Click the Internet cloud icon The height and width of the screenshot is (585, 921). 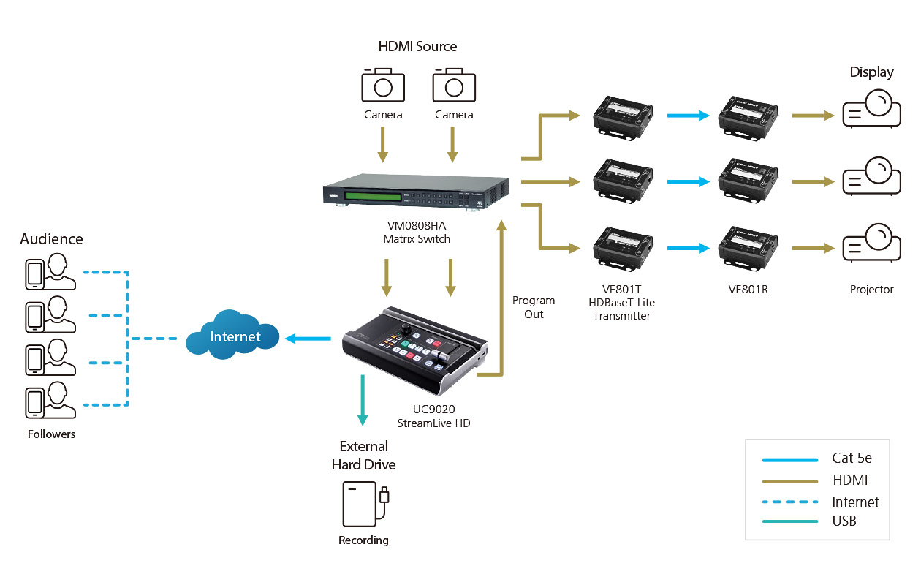(233, 337)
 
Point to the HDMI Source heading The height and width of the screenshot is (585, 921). (417, 47)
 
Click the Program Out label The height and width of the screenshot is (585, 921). (534, 307)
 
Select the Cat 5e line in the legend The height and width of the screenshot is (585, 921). (789, 460)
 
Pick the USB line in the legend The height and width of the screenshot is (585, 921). (789, 521)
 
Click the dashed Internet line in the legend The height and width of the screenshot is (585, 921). (789, 502)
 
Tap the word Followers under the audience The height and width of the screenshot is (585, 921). (51, 434)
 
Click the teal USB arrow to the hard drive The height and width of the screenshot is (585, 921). (362, 399)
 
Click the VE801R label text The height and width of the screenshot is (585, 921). (748, 290)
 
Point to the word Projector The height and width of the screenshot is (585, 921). (871, 290)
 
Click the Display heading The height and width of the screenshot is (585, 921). (871, 72)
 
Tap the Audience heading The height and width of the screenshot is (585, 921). (51, 239)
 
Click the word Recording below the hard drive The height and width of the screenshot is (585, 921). (363, 540)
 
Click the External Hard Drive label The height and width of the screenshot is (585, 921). (363, 455)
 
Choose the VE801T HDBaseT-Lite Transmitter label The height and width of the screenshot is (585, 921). (621, 302)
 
